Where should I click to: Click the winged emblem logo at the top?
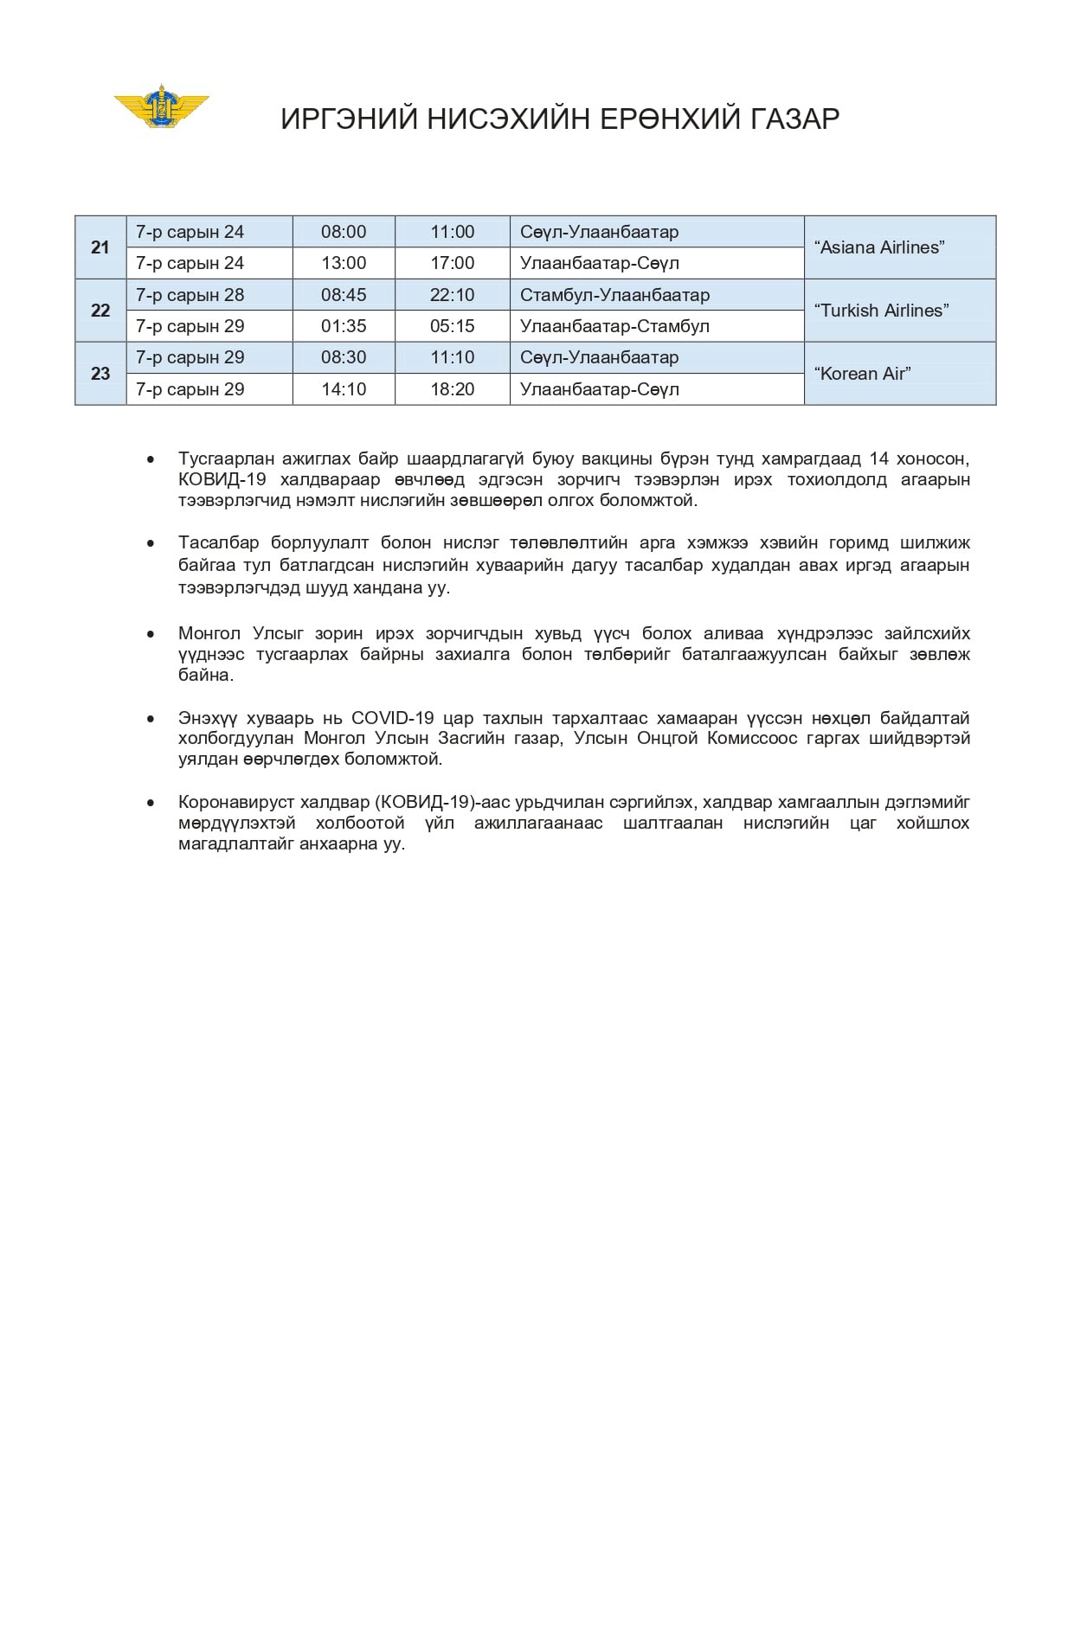point(162,106)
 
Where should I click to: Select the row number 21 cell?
point(100,247)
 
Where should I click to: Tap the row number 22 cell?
point(100,311)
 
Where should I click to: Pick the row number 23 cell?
point(100,374)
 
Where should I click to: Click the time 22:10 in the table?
point(452,295)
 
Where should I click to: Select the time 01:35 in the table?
point(344,326)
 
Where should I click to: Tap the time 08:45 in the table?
point(344,295)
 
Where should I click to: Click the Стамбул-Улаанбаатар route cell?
point(614,295)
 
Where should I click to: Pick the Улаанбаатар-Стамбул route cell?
point(614,326)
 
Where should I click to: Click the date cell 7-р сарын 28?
point(190,295)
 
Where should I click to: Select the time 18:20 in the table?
point(452,389)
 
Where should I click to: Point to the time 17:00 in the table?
point(452,263)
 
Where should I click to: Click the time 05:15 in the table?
point(452,326)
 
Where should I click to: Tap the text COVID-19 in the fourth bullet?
point(391,718)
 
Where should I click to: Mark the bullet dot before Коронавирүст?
point(151,803)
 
